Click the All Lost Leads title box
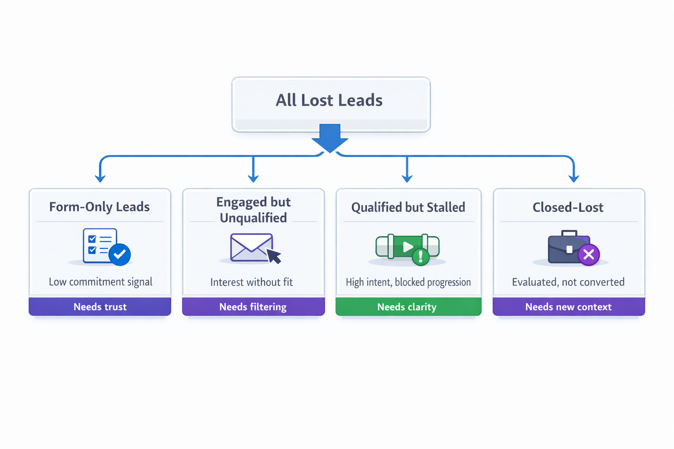point(331,103)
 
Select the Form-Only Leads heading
point(100,207)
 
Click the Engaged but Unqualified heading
point(253,210)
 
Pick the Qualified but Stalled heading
point(408,207)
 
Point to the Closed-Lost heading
point(568,207)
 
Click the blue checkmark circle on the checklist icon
point(119,254)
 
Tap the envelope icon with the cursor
point(252,248)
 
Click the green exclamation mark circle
point(420,257)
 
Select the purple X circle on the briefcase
point(588,254)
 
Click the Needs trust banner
point(100,307)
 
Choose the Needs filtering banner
point(253,307)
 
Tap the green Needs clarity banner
point(408,307)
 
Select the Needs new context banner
point(568,307)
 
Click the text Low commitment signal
point(100,282)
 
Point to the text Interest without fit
point(251,282)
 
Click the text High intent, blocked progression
point(408,282)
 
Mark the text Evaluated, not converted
point(568,282)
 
